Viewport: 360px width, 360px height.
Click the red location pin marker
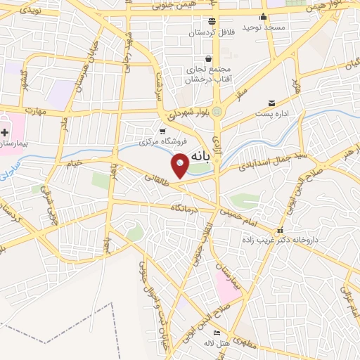pyautogui.click(x=180, y=165)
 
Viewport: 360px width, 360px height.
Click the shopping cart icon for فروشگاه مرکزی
pyautogui.click(x=162, y=131)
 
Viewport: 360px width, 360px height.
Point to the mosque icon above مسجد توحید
pyautogui.click(x=263, y=17)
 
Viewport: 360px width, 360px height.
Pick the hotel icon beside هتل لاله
pyautogui.click(x=217, y=333)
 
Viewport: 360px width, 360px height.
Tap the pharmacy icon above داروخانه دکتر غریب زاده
pyautogui.click(x=280, y=231)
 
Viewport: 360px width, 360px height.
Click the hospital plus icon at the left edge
pyautogui.click(x=6, y=131)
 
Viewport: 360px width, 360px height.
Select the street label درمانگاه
pyautogui.click(x=181, y=207)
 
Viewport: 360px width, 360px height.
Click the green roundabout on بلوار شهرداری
pyautogui.click(x=217, y=111)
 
